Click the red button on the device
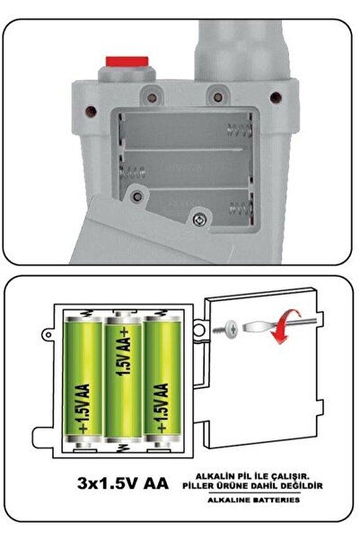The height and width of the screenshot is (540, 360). (x=127, y=62)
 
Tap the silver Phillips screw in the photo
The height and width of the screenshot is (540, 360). (x=200, y=219)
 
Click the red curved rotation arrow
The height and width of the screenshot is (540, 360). (x=285, y=327)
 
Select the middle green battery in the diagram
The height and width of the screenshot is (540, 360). (x=123, y=376)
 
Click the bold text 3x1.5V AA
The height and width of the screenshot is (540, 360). (x=123, y=483)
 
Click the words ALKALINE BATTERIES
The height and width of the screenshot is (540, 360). (x=254, y=500)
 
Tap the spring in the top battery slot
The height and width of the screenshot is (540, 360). (x=239, y=130)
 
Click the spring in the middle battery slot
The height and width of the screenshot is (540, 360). (x=133, y=171)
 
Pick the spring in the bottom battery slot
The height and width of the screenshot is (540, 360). (x=241, y=208)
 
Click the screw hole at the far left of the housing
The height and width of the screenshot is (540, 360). (x=91, y=111)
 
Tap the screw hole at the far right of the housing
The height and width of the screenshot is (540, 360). (x=276, y=97)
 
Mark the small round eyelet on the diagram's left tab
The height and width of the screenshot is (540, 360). (x=48, y=334)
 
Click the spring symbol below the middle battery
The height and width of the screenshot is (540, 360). (x=121, y=447)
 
